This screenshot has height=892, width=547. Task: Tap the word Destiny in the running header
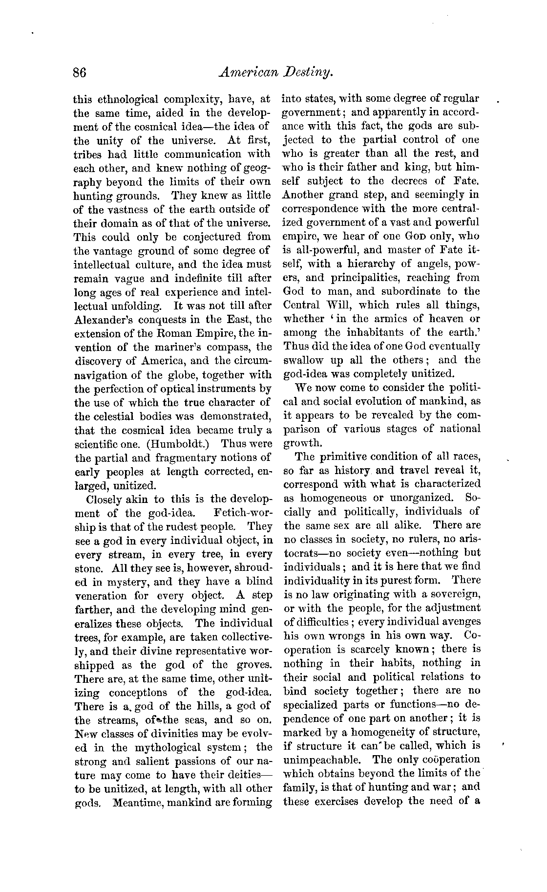click(x=309, y=73)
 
